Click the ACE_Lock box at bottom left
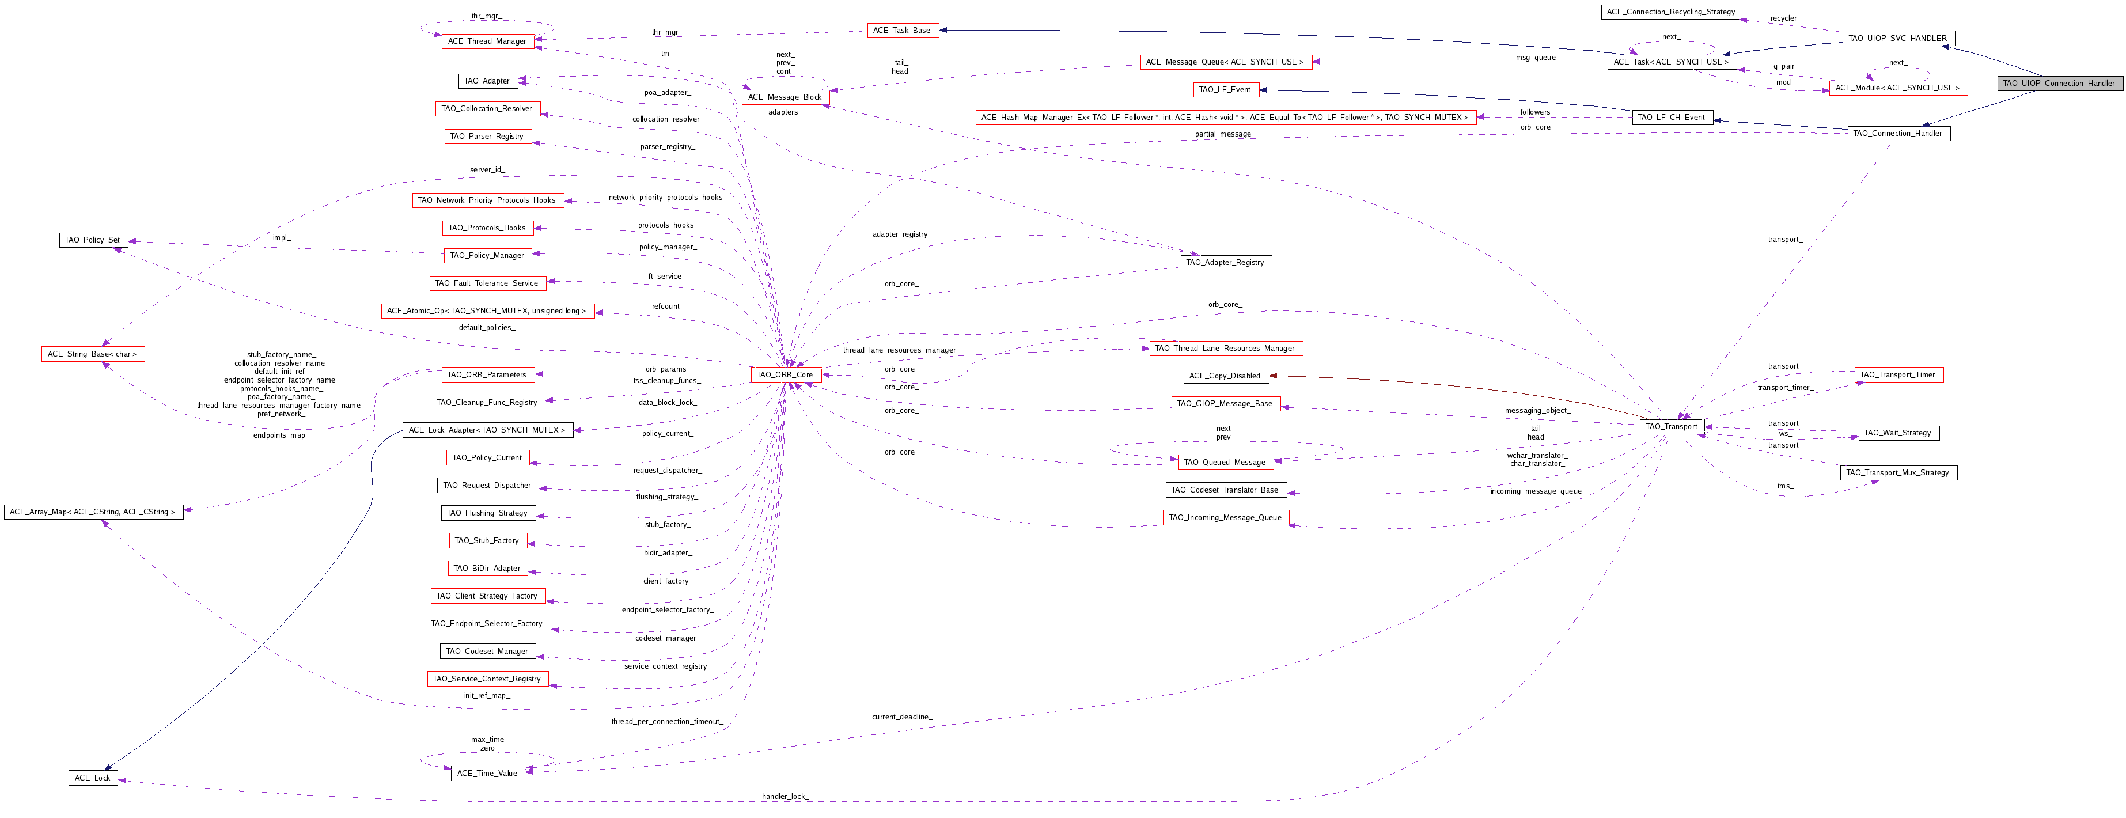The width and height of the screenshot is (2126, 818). [92, 778]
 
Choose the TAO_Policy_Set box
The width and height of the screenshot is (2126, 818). [92, 240]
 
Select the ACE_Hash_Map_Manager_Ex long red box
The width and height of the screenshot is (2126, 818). [1224, 117]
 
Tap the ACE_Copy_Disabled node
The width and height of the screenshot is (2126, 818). [1225, 376]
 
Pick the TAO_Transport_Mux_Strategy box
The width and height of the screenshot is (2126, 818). [1897, 473]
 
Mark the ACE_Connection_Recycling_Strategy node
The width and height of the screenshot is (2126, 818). [1672, 12]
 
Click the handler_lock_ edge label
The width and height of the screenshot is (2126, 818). [785, 797]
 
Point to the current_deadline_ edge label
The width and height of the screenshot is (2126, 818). [901, 717]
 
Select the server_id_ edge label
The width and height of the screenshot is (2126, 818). [487, 169]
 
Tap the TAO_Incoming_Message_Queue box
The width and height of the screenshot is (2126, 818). [1225, 517]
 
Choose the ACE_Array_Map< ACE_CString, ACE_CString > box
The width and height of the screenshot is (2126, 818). [92, 512]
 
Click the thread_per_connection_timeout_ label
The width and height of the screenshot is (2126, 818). [667, 721]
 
